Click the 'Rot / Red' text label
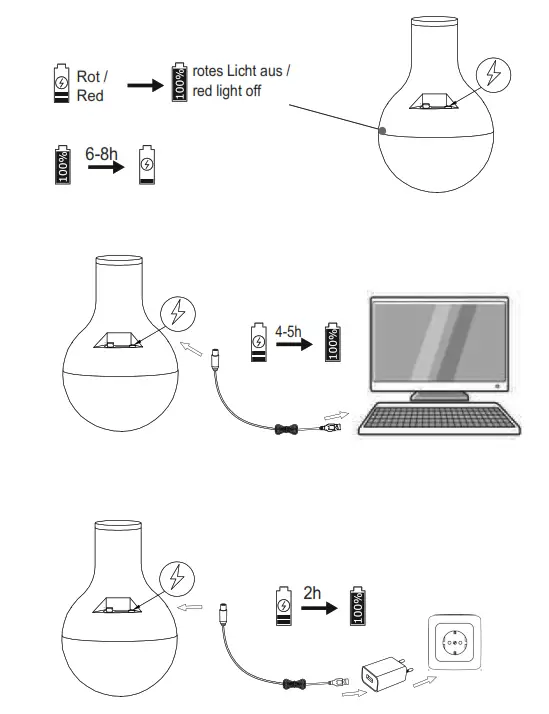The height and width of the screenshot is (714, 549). tap(94, 85)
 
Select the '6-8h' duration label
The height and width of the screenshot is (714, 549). tap(102, 155)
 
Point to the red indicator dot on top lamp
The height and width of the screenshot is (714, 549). tap(382, 129)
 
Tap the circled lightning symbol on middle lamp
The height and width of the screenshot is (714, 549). tap(179, 313)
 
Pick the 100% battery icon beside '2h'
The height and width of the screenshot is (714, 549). tap(357, 607)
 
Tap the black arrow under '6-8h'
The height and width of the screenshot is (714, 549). tap(104, 169)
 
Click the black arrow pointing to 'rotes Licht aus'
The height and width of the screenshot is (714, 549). tap(146, 86)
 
